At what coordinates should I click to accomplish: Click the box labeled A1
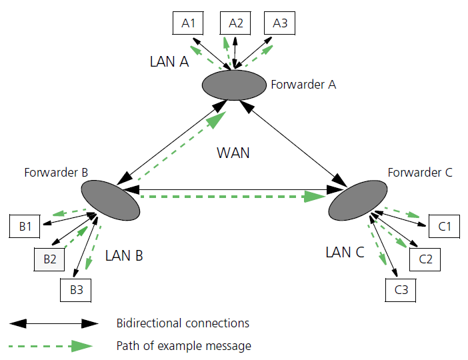189,23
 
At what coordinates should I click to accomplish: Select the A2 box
236,23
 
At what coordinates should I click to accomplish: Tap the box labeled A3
280,23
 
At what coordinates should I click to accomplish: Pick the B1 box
25,227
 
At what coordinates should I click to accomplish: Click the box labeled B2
50,259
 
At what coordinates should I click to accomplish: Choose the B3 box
76,290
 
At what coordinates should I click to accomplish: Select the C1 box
444,227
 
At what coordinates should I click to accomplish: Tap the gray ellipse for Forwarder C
357,199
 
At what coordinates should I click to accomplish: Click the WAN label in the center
233,153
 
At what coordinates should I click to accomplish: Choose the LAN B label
124,255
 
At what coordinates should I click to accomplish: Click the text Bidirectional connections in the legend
182,323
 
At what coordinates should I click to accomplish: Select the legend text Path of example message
183,346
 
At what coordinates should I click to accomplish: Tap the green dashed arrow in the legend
53,346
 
